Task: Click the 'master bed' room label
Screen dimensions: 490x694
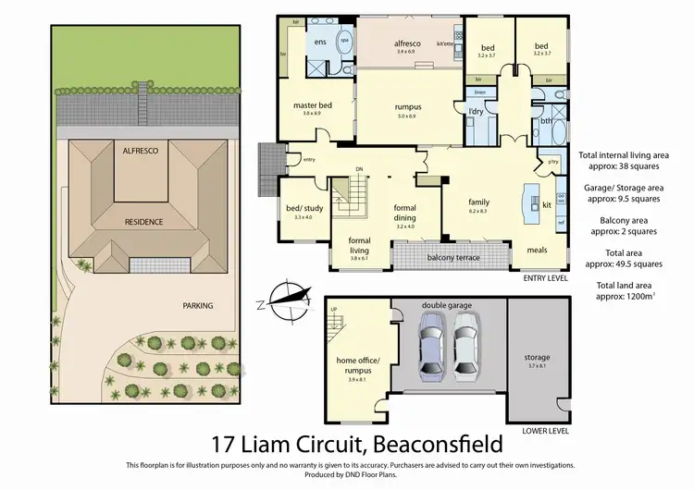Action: tap(312, 104)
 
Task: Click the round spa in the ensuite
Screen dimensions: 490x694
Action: tap(345, 42)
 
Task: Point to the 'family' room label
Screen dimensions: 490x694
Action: tap(477, 202)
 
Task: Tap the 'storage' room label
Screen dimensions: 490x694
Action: tap(538, 357)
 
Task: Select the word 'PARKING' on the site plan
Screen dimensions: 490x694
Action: tap(197, 305)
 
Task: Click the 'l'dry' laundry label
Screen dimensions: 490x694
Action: tap(476, 112)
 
